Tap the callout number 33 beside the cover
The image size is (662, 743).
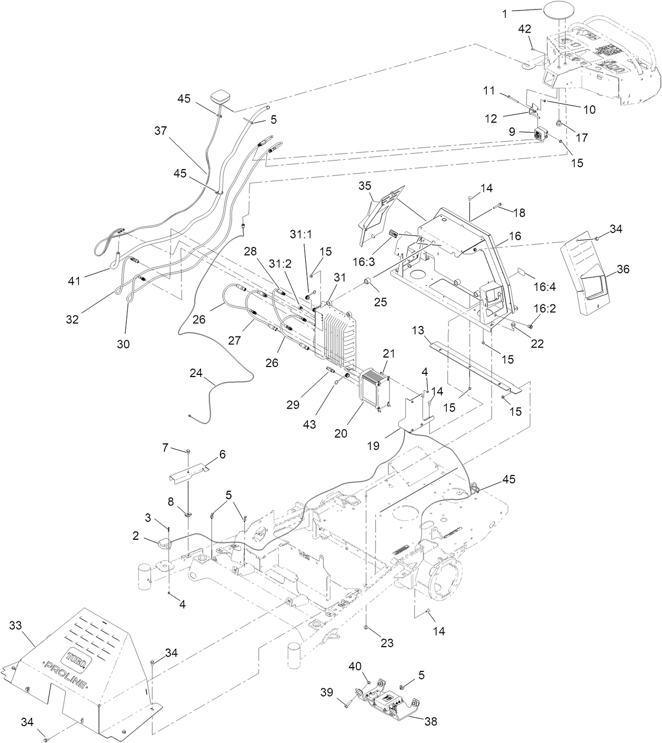[x=16, y=626]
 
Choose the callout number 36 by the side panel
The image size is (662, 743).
[x=623, y=269]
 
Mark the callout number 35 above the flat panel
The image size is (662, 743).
[x=365, y=185]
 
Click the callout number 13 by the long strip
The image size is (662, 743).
[x=418, y=331]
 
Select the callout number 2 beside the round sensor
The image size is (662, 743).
[x=136, y=536]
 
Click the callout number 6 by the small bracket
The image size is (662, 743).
[x=222, y=454]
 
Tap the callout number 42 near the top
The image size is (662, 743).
[x=525, y=29]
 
